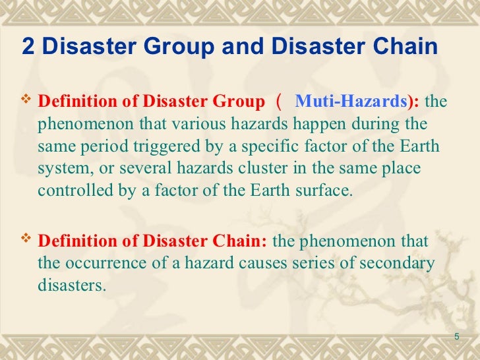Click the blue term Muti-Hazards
[348, 102]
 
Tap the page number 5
[456, 338]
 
